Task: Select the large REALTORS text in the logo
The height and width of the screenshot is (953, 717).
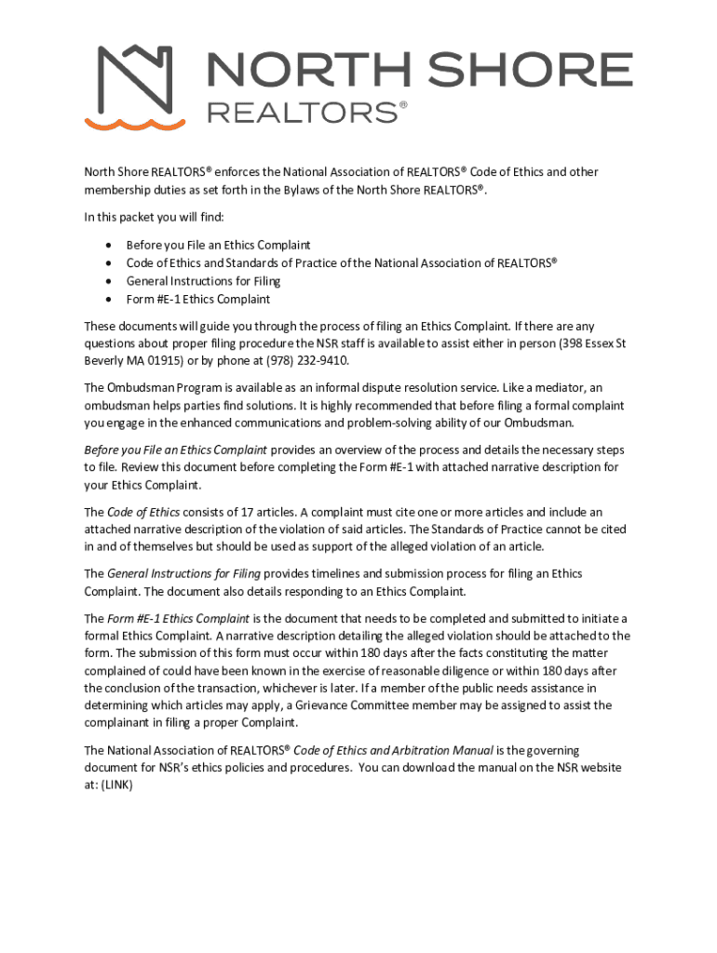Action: (301, 113)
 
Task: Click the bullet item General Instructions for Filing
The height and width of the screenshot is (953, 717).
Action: (203, 281)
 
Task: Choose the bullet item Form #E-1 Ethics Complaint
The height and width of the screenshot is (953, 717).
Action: (198, 300)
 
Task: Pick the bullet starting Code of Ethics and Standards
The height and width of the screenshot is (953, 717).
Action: (341, 262)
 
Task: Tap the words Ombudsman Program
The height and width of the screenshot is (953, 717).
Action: (156, 387)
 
